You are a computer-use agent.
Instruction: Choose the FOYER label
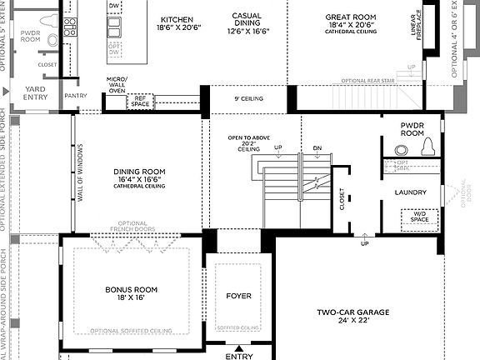(238, 296)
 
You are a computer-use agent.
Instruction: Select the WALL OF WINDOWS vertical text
(81, 173)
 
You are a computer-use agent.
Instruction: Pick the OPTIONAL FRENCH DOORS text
(133, 227)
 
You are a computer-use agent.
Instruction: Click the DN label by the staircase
(317, 148)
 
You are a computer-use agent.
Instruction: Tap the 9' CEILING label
(247, 100)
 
